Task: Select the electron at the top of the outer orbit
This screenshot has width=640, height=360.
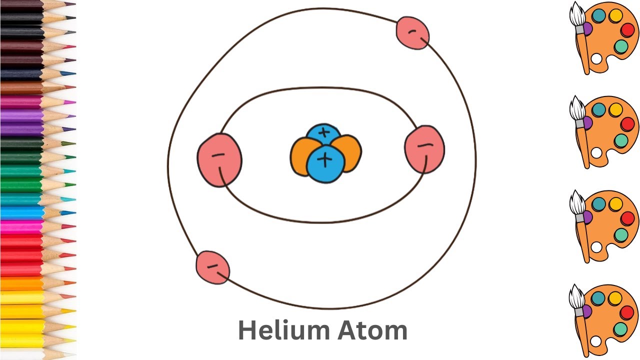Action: (412, 33)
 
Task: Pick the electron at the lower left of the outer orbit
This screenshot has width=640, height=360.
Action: (212, 267)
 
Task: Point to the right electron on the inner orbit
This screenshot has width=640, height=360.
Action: (424, 149)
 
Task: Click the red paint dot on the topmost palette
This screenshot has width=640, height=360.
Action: (627, 30)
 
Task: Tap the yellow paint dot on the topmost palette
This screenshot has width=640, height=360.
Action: (615, 15)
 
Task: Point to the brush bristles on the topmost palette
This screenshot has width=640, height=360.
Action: (577, 15)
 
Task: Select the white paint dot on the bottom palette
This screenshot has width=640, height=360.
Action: (596, 341)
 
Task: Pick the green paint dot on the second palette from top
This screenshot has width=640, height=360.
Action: (620, 140)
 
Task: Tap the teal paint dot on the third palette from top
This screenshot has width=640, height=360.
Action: (598, 204)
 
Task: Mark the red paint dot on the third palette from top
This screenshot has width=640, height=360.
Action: (627, 218)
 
